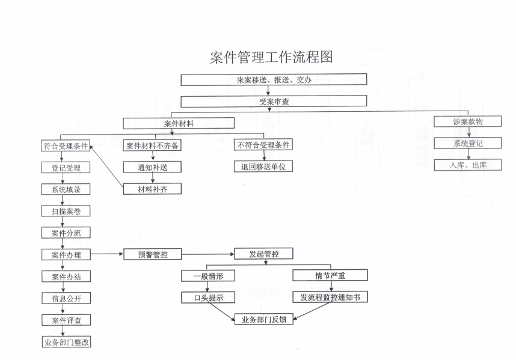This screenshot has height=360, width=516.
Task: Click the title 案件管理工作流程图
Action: click(271, 57)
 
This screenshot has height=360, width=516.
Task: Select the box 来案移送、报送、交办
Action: click(274, 80)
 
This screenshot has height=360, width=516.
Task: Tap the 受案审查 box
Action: click(274, 101)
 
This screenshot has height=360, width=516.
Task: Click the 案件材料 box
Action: click(179, 123)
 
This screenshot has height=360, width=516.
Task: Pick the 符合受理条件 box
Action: click(66, 145)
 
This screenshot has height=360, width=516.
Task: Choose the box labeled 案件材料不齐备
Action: click(152, 145)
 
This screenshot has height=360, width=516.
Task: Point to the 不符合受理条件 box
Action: click(263, 145)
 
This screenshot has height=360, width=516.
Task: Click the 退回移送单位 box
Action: click(263, 166)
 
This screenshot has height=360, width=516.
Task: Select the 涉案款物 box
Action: click(468, 121)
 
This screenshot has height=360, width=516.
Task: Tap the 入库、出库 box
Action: click(468, 165)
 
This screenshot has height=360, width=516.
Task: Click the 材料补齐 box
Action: click(152, 189)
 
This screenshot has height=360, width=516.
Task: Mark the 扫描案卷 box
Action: click(66, 211)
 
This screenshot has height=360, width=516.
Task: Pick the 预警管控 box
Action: click(153, 254)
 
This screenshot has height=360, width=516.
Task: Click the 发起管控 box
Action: click(263, 254)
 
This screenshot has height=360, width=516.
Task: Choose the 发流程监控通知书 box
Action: click(330, 297)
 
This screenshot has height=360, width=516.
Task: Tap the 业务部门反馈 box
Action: click(264, 319)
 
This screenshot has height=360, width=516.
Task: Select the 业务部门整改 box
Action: click(66, 342)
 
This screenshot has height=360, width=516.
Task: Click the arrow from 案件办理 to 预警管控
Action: click(107, 254)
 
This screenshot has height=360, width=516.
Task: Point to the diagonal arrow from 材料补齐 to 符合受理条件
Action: click(106, 167)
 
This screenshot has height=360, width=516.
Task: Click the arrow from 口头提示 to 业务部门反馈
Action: click(221, 311)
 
